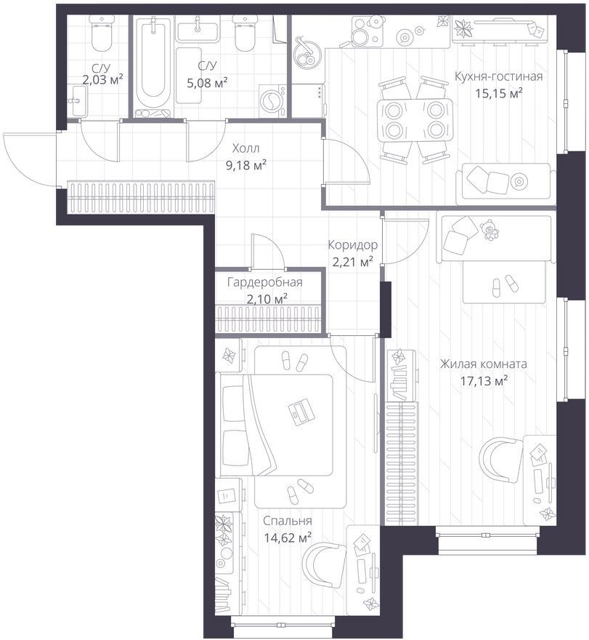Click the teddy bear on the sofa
click(x=489, y=231)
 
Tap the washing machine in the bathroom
click(x=272, y=100)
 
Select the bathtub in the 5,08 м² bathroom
click(x=153, y=68)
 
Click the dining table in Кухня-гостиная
click(x=415, y=121)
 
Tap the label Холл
click(x=245, y=148)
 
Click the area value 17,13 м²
click(x=484, y=381)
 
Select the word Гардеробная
click(x=265, y=282)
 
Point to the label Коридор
click(x=352, y=245)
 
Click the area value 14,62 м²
click(x=288, y=538)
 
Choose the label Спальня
click(x=288, y=521)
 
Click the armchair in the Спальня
click(x=323, y=565)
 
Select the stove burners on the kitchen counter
click(x=367, y=31)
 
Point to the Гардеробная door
click(x=267, y=250)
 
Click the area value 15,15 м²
click(x=499, y=94)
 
